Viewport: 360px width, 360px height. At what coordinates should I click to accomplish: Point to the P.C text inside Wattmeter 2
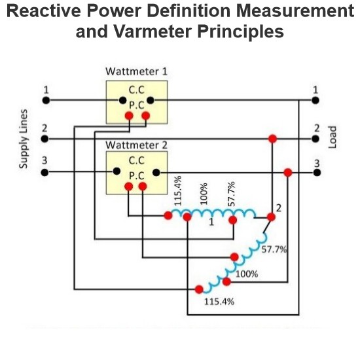pos(136,175)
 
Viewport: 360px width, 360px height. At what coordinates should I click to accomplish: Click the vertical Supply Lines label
pos(24,138)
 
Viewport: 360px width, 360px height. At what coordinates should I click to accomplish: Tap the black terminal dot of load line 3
pos(315,173)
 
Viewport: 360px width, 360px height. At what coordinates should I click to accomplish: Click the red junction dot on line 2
pos(272,139)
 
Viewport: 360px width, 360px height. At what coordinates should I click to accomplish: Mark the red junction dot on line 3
pos(287,173)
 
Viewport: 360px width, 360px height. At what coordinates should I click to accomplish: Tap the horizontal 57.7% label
pos(274,249)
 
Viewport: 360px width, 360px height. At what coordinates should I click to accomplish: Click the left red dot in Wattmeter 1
pos(130,116)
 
